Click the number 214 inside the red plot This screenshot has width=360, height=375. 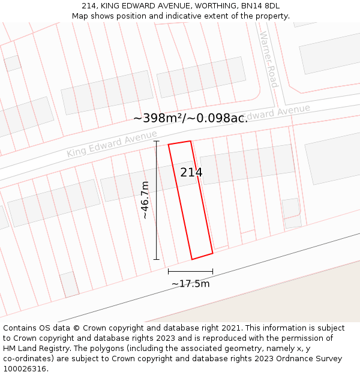(x=191, y=173)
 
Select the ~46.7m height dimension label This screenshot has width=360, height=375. (x=145, y=200)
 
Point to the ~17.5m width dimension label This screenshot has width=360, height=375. (x=190, y=284)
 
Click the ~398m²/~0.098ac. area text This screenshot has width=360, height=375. (x=190, y=118)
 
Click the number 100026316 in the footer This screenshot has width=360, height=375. (x=25, y=369)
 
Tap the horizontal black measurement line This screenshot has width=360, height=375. (x=190, y=271)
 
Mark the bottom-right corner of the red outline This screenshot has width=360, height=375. (x=213, y=253)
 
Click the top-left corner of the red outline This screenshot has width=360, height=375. (x=169, y=145)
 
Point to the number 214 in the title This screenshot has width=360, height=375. (x=89, y=6)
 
